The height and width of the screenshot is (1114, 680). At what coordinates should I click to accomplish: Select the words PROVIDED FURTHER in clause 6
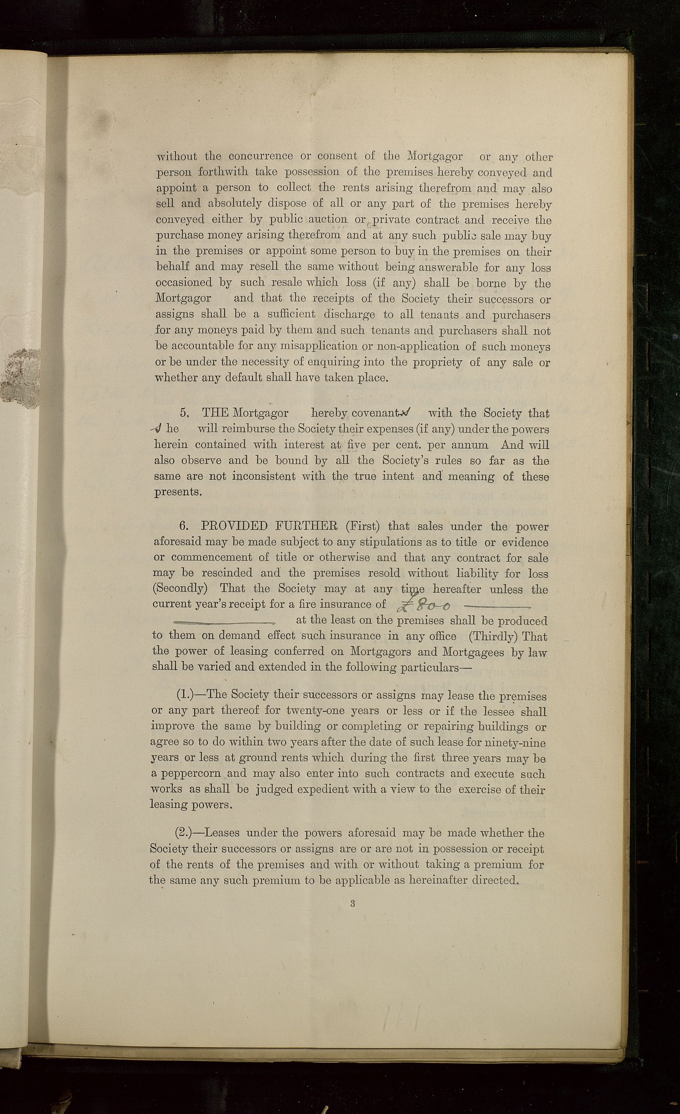(269, 526)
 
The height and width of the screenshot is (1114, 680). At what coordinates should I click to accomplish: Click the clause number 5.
(183, 413)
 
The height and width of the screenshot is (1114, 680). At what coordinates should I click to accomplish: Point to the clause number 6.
(183, 526)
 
